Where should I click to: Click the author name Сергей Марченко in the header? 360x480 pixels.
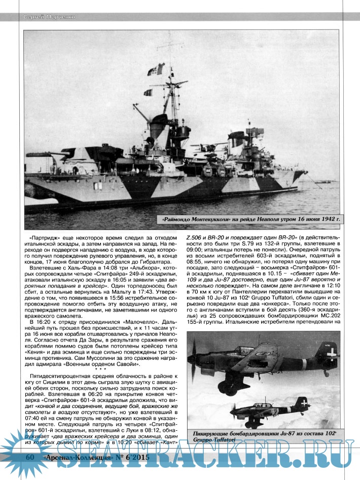[x=49, y=18]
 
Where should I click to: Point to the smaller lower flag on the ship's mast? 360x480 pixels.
[x=148, y=92]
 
